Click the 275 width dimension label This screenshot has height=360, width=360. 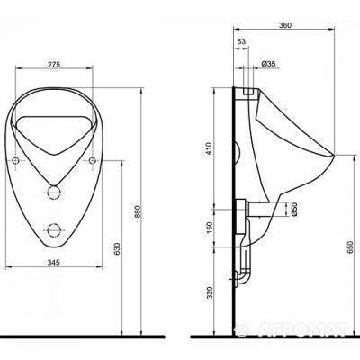(55, 64)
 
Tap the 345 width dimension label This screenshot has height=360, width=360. (54, 263)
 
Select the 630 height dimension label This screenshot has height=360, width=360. (117, 248)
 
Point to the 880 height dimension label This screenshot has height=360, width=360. (138, 211)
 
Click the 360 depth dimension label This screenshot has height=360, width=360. (285, 25)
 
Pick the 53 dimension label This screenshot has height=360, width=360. (241, 41)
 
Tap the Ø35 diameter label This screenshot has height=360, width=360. (268, 64)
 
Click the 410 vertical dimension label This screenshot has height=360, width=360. (209, 148)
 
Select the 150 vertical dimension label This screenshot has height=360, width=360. (209, 228)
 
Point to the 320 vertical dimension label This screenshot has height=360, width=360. (209, 292)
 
